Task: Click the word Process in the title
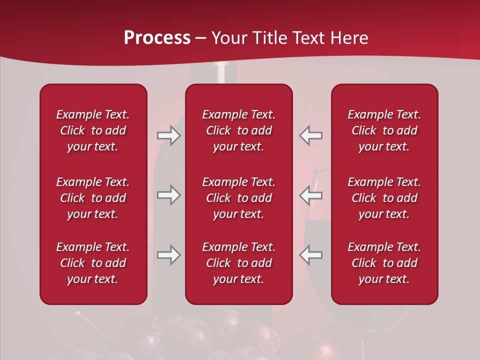157,38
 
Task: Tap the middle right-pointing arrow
168,195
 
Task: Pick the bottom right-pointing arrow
168,255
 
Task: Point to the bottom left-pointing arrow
310,255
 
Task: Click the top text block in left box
93,130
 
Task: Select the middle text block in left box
93,198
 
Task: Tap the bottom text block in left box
93,263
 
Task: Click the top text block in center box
238,130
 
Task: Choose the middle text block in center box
238,198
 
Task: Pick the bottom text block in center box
238,263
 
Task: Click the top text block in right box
384,130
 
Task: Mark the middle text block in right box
384,198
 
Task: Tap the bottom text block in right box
384,263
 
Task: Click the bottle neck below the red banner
226,74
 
